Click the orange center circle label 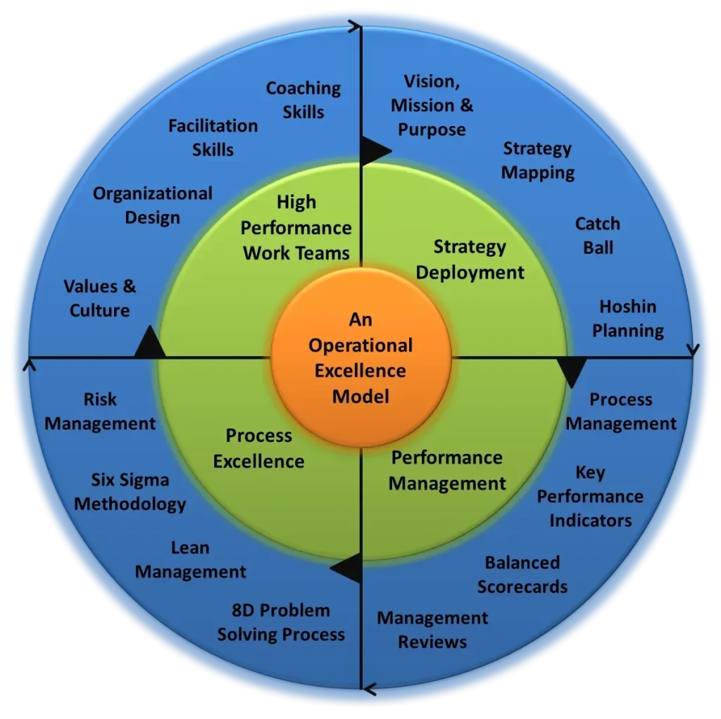(360, 358)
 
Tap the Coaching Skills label (303, 100)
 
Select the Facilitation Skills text (213, 138)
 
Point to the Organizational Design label (152, 205)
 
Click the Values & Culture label (100, 298)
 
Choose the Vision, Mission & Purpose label (432, 106)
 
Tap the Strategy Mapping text (537, 160)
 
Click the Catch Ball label (598, 236)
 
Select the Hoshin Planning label (628, 318)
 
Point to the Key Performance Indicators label (590, 496)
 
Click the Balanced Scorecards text (522, 574)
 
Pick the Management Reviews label (432, 630)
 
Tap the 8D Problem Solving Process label (281, 622)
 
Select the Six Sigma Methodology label (130, 492)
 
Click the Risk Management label (100, 412)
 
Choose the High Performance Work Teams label (296, 227)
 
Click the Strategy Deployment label (470, 259)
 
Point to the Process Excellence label (259, 448)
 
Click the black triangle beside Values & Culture (149, 343)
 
